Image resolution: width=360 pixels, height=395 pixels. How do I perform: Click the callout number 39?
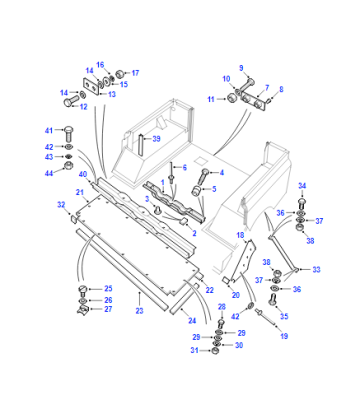click(x=156, y=139)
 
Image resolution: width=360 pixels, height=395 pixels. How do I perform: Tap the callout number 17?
click(x=135, y=73)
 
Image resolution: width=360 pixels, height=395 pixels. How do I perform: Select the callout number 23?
click(x=139, y=311)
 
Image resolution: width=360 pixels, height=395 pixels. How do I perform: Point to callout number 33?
click(x=316, y=269)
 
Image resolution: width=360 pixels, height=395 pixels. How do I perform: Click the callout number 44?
click(x=49, y=173)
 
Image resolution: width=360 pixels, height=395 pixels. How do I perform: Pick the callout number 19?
click(x=284, y=336)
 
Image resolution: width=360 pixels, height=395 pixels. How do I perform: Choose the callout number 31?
click(x=194, y=350)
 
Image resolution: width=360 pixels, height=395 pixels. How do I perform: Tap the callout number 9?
click(x=241, y=68)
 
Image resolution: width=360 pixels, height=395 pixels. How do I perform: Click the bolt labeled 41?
click(x=68, y=134)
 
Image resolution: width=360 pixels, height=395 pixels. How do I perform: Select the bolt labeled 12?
click(x=70, y=100)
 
